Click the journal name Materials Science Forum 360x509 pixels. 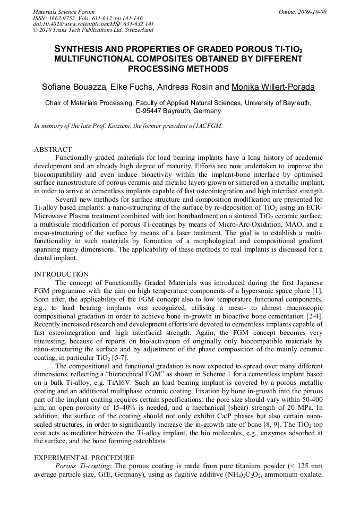tap(64, 12)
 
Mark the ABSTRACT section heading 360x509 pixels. tap(53, 150)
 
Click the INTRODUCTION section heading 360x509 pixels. tap(61, 274)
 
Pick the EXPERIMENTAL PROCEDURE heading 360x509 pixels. tap(84, 457)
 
